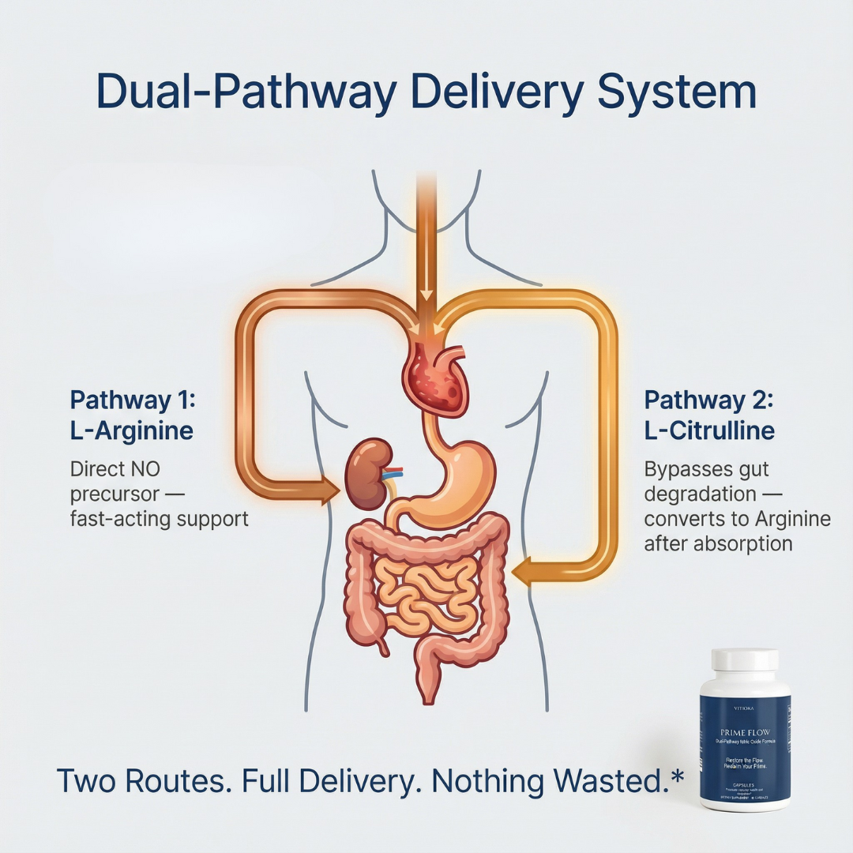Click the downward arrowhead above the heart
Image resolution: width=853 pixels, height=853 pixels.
(426, 296)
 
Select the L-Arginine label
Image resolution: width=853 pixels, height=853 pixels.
(131, 431)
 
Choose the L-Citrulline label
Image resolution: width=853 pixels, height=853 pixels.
(709, 431)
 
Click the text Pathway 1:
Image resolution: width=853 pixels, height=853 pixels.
(132, 400)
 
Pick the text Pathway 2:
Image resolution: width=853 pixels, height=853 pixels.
(709, 400)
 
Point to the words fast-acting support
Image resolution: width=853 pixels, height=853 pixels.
(160, 520)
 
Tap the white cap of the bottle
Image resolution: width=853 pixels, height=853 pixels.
(745, 662)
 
